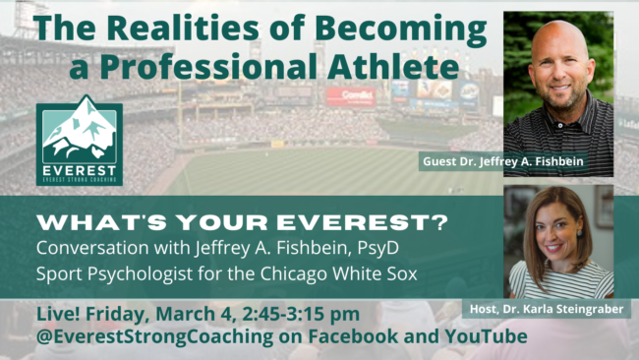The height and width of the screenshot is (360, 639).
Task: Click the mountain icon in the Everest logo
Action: (80, 133)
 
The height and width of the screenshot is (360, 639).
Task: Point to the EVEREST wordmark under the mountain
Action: (80, 169)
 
